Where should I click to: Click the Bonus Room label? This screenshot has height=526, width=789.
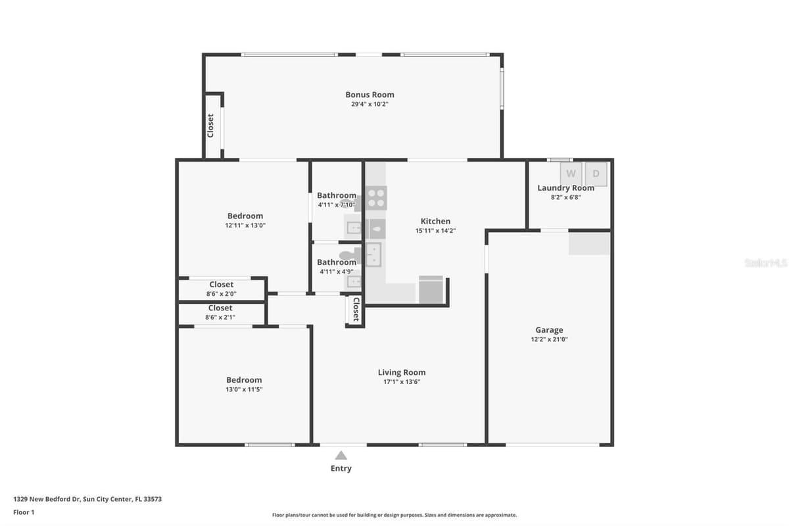370,95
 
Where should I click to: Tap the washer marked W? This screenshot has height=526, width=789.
571,174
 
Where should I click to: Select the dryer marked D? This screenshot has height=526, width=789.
596,174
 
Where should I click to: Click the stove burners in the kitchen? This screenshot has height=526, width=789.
376,198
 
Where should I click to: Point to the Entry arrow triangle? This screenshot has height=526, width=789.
341,455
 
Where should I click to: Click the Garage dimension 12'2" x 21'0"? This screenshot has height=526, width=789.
549,339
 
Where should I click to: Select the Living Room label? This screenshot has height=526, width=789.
402,372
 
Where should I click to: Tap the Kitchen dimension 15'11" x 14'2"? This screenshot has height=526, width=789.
435,231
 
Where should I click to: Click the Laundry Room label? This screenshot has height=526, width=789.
565,188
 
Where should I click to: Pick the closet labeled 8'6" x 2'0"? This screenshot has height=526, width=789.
221,289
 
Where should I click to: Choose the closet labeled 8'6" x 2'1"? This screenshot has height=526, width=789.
220,313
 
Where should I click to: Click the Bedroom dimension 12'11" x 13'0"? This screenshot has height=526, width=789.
245,226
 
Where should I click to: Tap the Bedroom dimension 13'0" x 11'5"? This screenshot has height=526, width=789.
244,389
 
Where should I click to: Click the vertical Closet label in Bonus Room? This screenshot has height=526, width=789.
210,126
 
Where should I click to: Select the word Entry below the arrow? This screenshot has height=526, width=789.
341,468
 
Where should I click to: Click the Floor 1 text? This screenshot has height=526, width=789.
24,512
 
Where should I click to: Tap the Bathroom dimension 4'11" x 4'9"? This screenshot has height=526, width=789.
337,272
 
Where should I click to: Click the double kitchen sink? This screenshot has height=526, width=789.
373,254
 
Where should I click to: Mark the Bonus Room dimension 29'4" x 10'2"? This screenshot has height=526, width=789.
370,105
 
